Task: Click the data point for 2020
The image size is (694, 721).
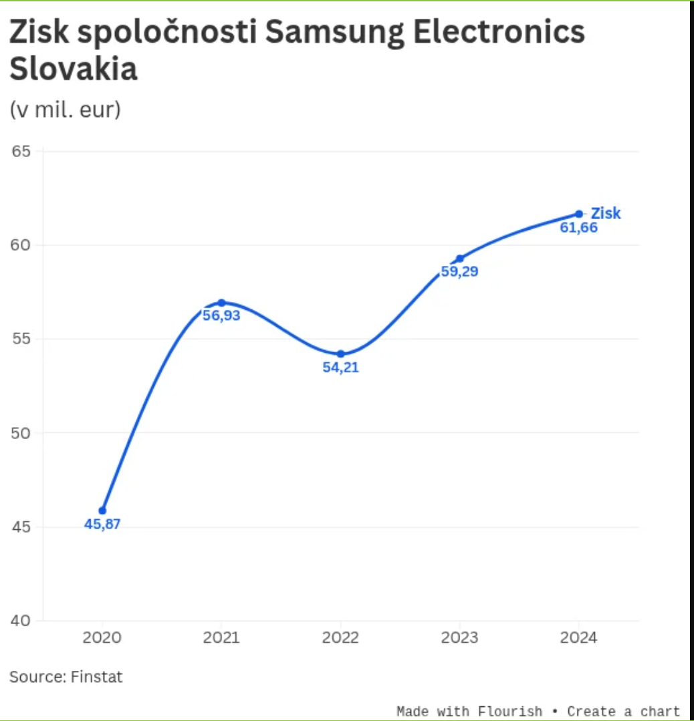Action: pos(102,511)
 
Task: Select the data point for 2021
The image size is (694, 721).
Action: pos(221,303)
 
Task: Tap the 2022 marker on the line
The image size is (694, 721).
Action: pos(340,353)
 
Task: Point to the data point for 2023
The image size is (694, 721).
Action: pos(459,259)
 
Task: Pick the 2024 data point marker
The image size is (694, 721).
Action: pos(579,214)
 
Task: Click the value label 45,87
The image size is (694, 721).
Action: pos(102,525)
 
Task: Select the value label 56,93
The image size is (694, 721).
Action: pos(221,315)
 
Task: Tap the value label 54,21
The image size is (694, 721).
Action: pos(340,367)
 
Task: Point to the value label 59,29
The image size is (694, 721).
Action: pos(459,272)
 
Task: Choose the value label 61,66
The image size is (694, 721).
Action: pos(579,228)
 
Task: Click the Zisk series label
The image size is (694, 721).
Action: pos(606,214)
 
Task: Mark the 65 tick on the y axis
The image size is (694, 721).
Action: pos(22,151)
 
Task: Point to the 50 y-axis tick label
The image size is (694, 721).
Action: pos(22,433)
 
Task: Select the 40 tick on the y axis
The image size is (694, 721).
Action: pos(22,621)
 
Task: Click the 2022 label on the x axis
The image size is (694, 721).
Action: pos(340,638)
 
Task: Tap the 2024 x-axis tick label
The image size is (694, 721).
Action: pos(579,638)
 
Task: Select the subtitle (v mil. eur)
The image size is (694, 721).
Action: pos(65,109)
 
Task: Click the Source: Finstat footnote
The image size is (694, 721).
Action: pos(66,677)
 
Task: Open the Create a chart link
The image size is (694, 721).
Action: pos(623,711)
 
